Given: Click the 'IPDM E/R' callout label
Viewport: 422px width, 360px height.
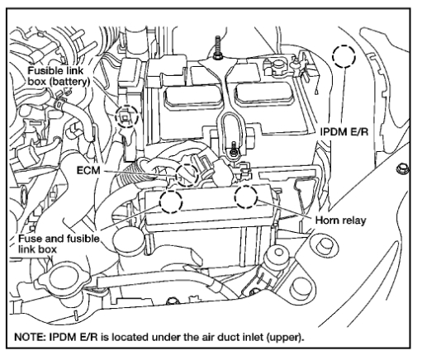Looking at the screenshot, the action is click(x=344, y=132).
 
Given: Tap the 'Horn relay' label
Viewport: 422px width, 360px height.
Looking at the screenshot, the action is click(x=340, y=220).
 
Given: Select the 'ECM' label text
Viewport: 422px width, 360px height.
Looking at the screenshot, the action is click(x=88, y=171).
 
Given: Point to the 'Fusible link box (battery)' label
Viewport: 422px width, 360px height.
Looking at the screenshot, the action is click(x=59, y=76).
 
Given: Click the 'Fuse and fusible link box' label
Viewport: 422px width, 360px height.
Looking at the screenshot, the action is click(x=59, y=244).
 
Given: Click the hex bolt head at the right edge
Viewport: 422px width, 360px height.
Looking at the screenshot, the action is click(x=403, y=168).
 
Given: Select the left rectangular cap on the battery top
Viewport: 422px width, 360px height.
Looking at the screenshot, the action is click(x=192, y=98).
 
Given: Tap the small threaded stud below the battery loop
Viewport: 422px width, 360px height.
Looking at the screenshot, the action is click(x=234, y=149).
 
